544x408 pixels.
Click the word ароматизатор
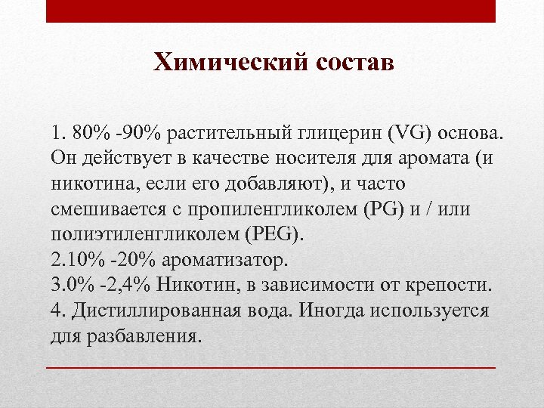point(224,261)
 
